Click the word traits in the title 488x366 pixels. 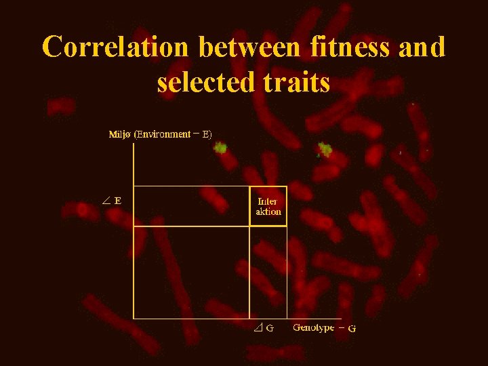[292, 82]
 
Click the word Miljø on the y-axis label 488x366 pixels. [120, 134]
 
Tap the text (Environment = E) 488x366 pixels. [173, 134]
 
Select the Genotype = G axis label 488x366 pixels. [324, 328]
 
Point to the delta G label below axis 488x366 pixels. [263, 328]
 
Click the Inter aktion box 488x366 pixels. [268, 205]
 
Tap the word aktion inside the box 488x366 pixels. [268, 211]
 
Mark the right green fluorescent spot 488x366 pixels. [325, 150]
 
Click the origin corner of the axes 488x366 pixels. [134, 318]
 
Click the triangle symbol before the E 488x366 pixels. [106, 200]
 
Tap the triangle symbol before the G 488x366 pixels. [258, 328]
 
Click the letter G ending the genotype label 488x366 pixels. [352, 329]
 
